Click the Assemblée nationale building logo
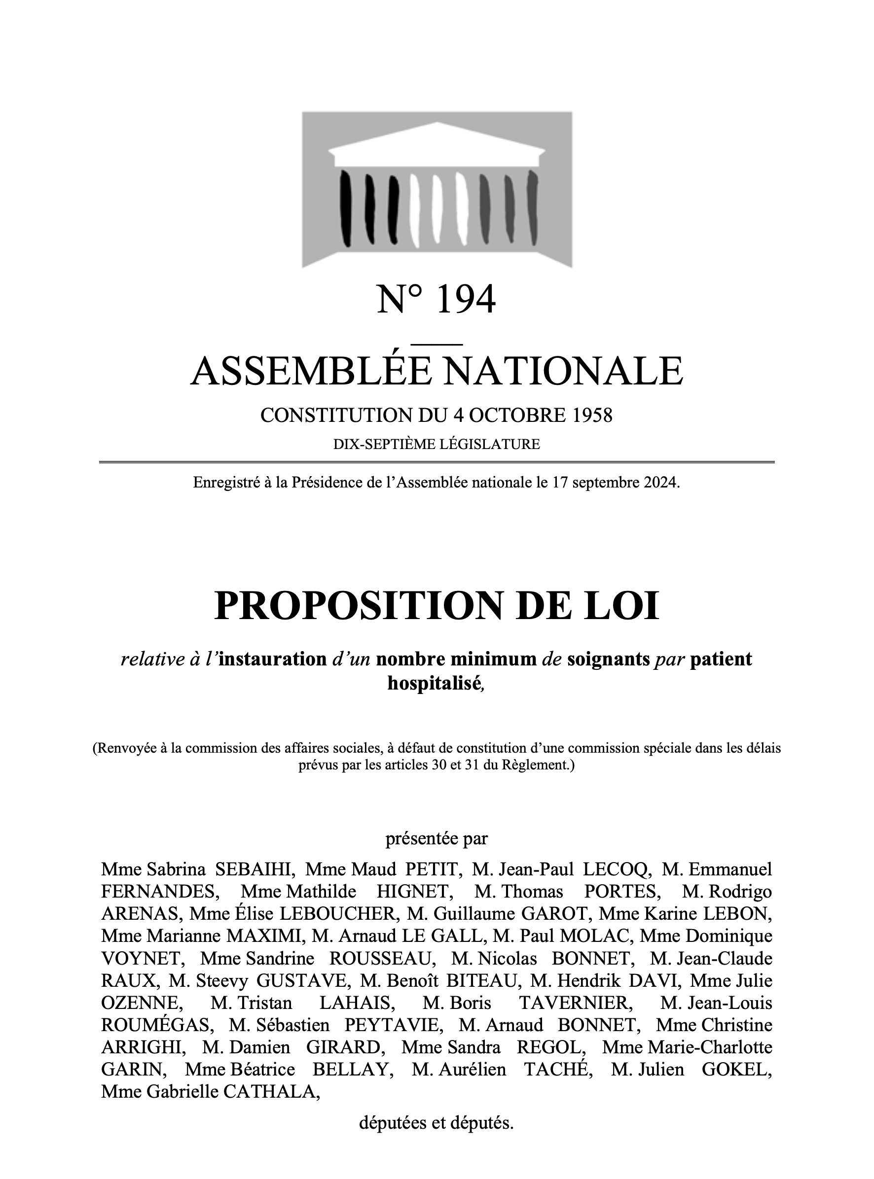pyautogui.click(x=437, y=189)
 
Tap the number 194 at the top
pyautogui.click(x=465, y=299)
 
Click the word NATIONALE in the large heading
pyautogui.click(x=562, y=371)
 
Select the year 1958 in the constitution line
pyautogui.click(x=592, y=415)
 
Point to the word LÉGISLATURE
pyautogui.click(x=490, y=444)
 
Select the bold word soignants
pyautogui.click(x=608, y=659)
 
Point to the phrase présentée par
pyautogui.click(x=437, y=839)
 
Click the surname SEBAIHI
pyautogui.click(x=254, y=869)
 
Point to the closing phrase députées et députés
pyautogui.click(x=437, y=1123)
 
